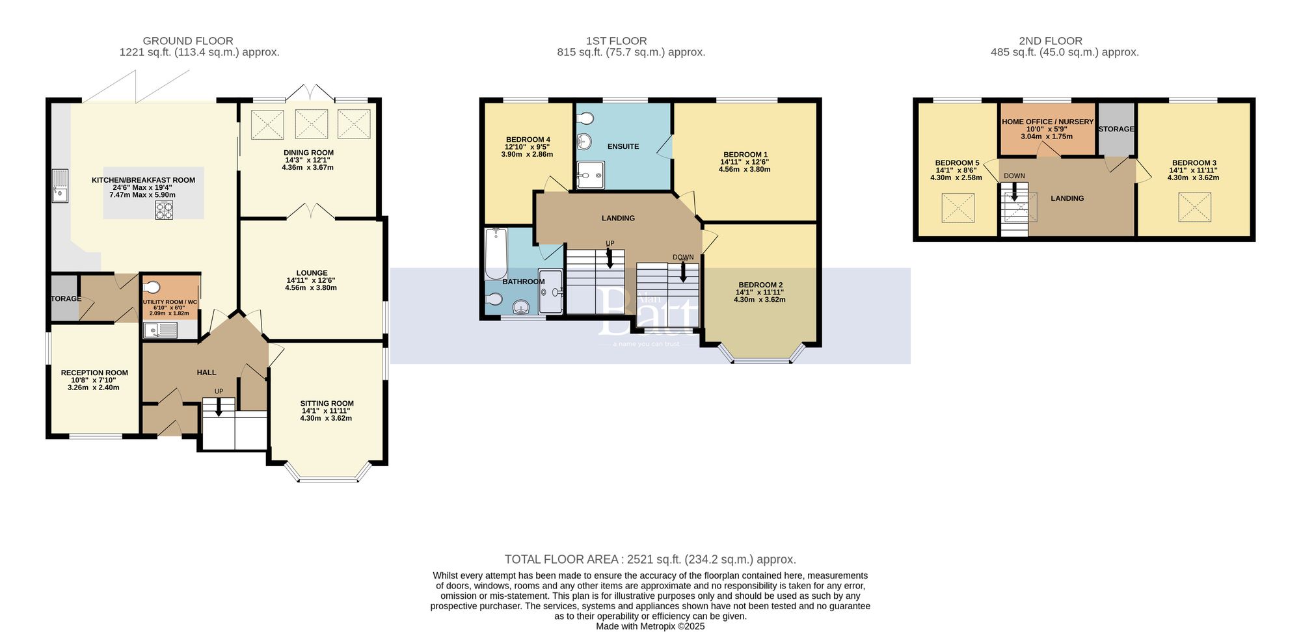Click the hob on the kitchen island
click(x=164, y=210)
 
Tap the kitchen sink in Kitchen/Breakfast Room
click(x=60, y=185)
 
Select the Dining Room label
click(x=308, y=153)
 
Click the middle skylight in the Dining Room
click(x=312, y=124)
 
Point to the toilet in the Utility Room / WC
click(x=152, y=287)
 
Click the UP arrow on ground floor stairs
click(x=219, y=408)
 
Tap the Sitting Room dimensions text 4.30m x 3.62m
click(x=326, y=418)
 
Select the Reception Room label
click(x=94, y=373)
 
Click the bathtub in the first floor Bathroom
click(x=496, y=254)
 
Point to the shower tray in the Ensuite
click(x=591, y=175)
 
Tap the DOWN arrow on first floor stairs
click(x=683, y=273)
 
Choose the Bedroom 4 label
click(x=528, y=139)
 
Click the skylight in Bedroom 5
click(x=958, y=208)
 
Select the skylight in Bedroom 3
click(x=1195, y=207)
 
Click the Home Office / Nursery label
click(x=1047, y=122)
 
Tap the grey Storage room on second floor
click(x=1116, y=140)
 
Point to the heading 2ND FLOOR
click(x=1050, y=41)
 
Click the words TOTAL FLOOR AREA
click(x=561, y=559)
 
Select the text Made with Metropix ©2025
click(x=650, y=626)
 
